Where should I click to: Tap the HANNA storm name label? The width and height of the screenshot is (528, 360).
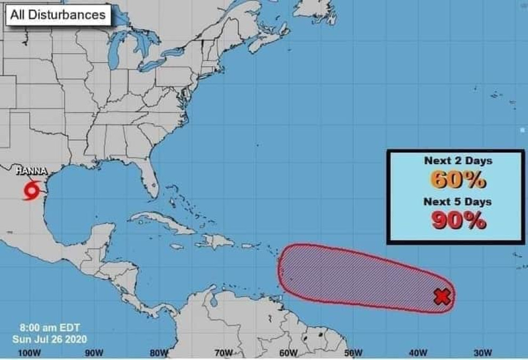31,171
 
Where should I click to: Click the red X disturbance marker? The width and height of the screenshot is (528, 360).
442,297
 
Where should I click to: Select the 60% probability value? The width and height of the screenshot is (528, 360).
458,180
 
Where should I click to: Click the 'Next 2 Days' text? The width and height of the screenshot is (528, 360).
458,161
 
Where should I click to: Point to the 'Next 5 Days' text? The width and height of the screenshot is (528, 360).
458,202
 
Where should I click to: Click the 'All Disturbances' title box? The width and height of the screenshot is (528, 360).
58,15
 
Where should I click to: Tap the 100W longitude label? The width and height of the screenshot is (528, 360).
29,353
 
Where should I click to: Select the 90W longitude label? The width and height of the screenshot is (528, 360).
94,353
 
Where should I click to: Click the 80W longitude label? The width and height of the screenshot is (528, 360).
159,353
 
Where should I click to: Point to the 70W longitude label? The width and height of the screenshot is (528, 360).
223,353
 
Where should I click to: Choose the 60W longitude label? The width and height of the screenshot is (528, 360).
288,353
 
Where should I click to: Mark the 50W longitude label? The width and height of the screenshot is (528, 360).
353,353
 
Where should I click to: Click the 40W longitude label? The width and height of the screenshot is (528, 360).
418,353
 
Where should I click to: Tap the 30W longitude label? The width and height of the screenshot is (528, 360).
483,353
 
